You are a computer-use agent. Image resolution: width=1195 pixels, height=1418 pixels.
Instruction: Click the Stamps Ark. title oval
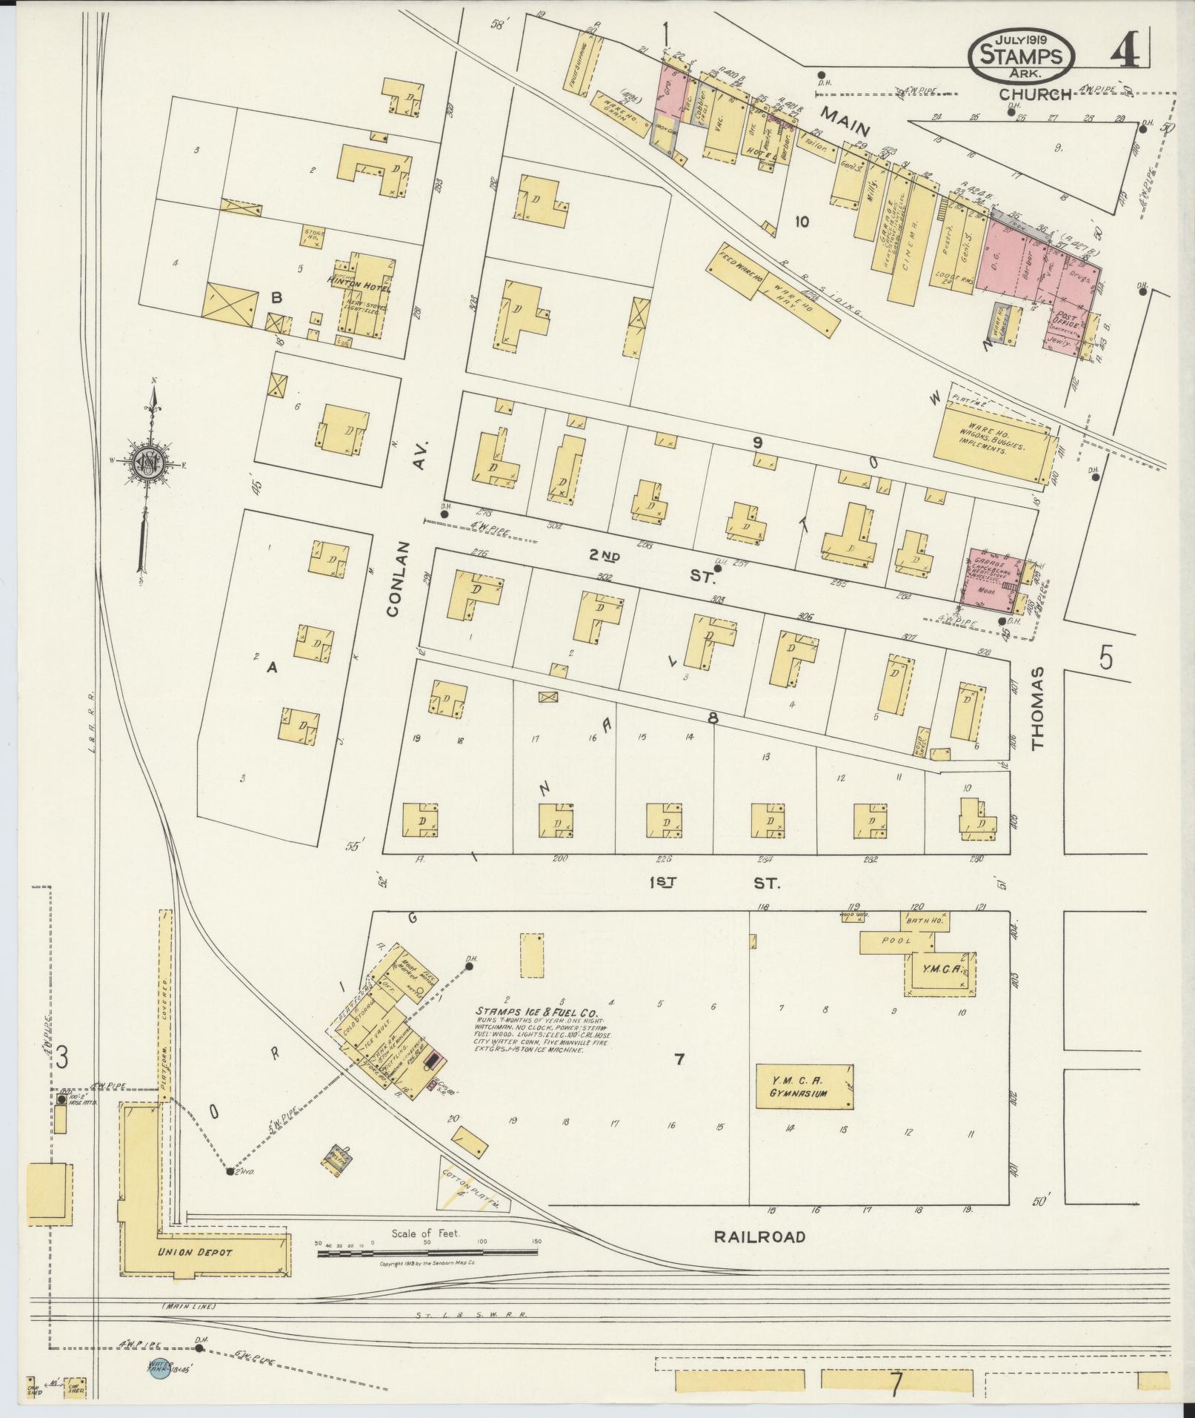[1020, 54]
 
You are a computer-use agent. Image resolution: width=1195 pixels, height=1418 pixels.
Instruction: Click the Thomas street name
[1036, 707]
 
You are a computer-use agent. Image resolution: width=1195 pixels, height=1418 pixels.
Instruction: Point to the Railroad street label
[759, 1236]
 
